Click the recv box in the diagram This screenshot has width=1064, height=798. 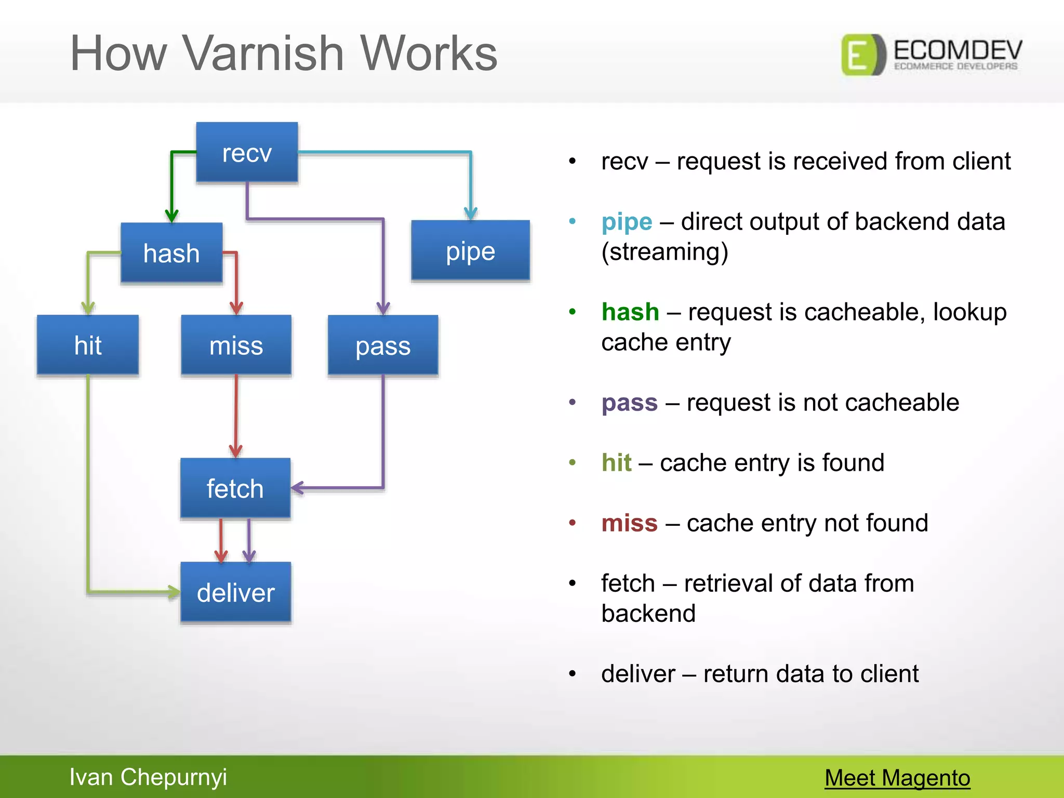tap(247, 153)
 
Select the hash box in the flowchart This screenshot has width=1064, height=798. tap(171, 253)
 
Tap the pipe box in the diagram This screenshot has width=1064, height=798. tap(470, 251)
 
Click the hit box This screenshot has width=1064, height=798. tap(88, 345)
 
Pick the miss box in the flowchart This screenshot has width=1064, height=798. tap(236, 345)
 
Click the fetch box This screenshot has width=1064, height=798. tap(235, 488)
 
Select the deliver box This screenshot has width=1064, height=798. tap(235, 592)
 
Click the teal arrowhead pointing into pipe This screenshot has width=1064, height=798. tap(471, 212)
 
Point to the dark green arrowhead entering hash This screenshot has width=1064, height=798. tap(172, 215)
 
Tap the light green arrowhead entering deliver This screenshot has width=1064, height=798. tap(174, 592)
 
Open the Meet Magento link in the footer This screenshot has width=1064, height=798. tap(897, 778)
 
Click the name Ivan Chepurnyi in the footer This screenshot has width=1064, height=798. tap(148, 777)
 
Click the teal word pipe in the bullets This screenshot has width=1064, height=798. tap(627, 222)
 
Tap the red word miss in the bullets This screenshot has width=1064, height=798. tap(629, 523)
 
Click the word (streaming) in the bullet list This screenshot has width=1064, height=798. tap(664, 252)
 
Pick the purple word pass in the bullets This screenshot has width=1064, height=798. tap(629, 403)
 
